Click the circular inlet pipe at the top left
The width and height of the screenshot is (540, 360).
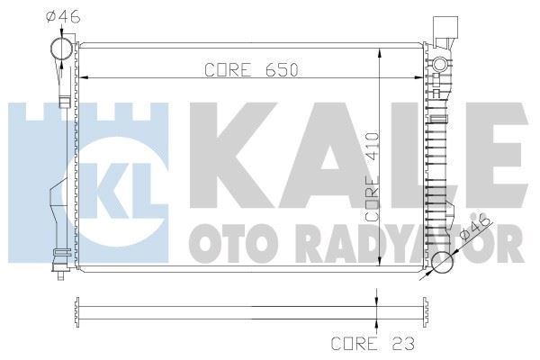click(60, 49)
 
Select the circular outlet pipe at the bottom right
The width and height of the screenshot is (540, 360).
click(442, 264)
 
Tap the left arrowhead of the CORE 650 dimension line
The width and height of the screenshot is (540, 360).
click(86, 78)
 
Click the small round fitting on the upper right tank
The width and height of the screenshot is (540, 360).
click(439, 65)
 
